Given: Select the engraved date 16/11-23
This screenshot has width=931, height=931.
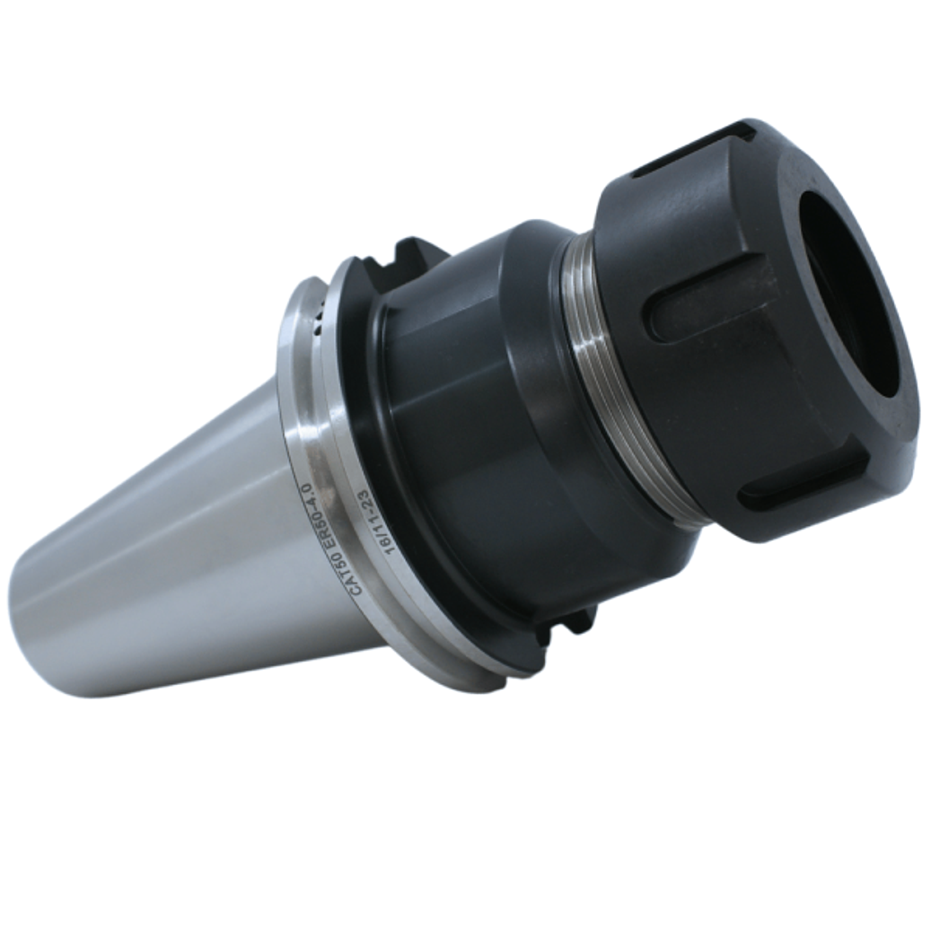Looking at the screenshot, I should pyautogui.click(x=379, y=523).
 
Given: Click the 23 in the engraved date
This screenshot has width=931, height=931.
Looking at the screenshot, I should pyautogui.click(x=365, y=499).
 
